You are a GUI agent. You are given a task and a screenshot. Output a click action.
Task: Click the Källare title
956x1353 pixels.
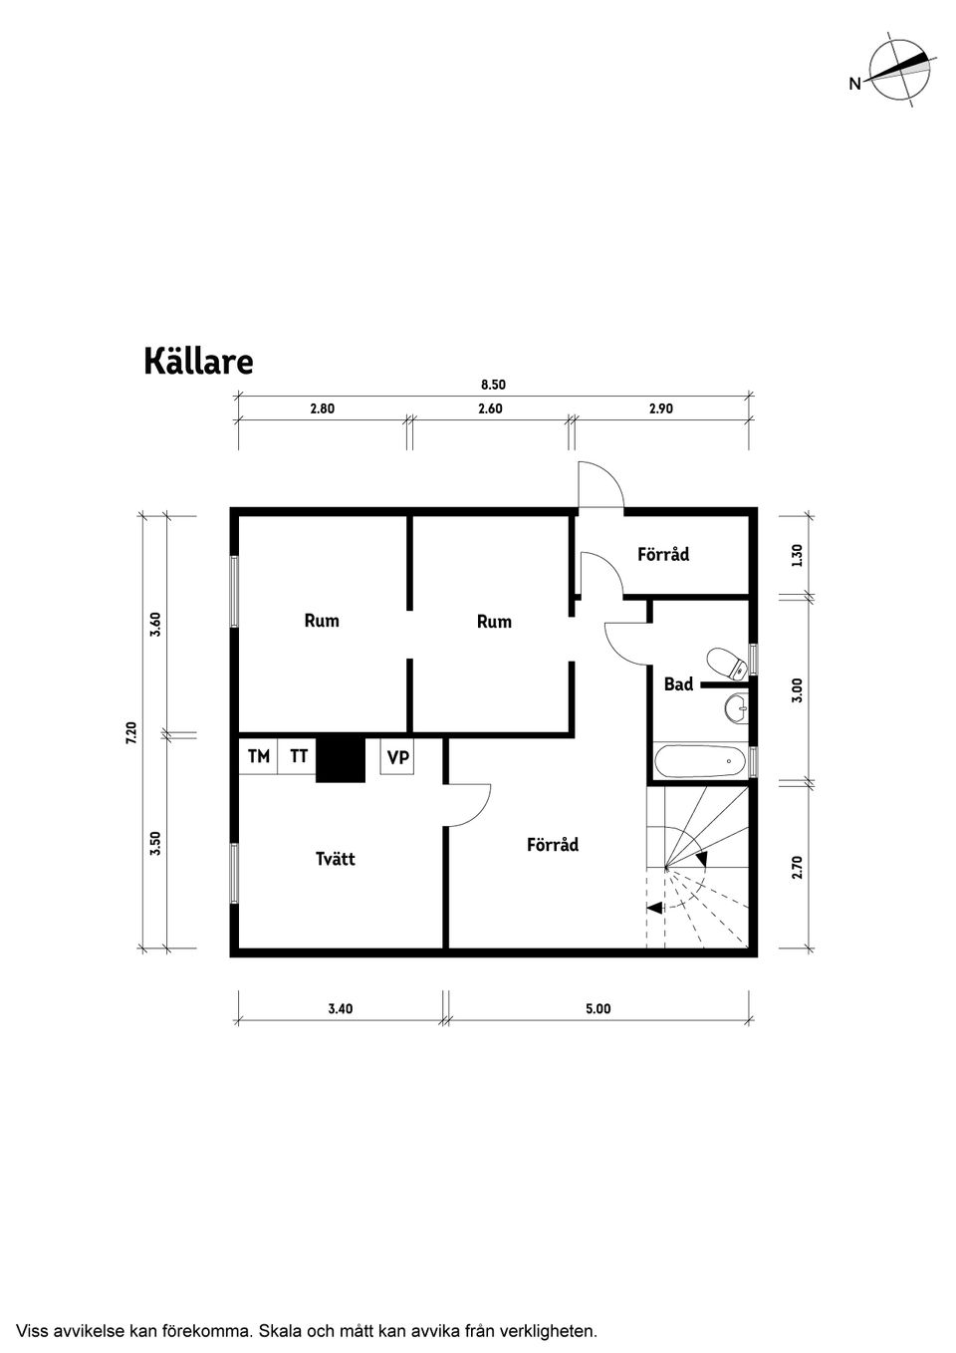pos(198,362)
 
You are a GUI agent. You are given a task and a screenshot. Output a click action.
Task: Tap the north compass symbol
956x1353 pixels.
pos(898,69)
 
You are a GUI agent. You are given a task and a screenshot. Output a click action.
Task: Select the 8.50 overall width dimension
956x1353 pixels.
pos(494,385)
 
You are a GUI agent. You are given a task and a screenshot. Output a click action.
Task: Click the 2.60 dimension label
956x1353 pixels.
pos(490,408)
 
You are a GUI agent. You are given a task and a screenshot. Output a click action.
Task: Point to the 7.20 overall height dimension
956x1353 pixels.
pos(130,733)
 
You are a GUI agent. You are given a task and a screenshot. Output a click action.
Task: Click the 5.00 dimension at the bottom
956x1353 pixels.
pos(597,1008)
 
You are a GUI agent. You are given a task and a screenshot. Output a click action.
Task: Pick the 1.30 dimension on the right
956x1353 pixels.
pos(797,555)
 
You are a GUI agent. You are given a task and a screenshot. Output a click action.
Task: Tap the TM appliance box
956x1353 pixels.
pos(259,757)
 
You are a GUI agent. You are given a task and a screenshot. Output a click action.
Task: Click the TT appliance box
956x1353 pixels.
pos(299,757)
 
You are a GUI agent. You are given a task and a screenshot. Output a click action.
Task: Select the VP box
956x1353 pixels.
pos(397,758)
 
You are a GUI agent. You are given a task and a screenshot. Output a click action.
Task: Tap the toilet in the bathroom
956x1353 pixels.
pos(726,663)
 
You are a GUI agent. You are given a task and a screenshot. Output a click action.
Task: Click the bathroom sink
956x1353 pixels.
pos(736,707)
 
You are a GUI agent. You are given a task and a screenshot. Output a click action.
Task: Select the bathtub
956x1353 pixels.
pos(699,762)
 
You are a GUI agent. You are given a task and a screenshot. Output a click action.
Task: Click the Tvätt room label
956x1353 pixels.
pos(336,859)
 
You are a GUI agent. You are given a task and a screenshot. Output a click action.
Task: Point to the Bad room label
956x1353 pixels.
pos(678,684)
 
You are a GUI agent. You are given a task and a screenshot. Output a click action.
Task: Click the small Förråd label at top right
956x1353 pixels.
pos(663,554)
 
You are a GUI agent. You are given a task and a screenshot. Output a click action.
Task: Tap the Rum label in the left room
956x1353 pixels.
pos(322,621)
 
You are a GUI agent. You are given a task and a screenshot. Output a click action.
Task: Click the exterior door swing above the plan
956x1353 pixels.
pos(601,485)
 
